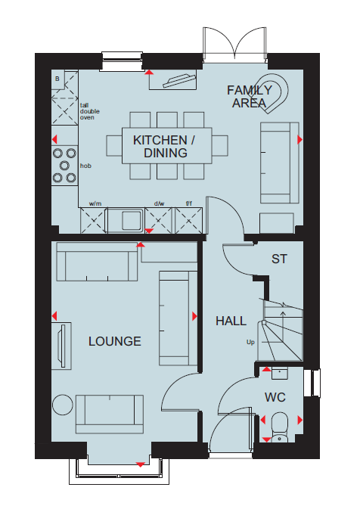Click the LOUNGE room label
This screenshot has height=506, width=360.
pyautogui.click(x=115, y=341)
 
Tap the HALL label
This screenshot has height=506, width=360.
pyautogui.click(x=231, y=321)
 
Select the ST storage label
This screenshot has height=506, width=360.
pyautogui.click(x=279, y=259)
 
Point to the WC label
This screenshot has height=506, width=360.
pyautogui.click(x=275, y=397)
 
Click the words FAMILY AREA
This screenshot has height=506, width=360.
pyautogui.click(x=250, y=97)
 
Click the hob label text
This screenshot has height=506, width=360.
pyautogui.click(x=85, y=166)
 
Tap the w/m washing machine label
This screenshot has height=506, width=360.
pyautogui.click(x=95, y=203)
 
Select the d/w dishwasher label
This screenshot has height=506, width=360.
pyautogui.click(x=159, y=203)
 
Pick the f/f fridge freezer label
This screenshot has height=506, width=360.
pyautogui.click(x=189, y=203)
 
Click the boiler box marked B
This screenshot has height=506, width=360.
pyautogui.click(x=57, y=79)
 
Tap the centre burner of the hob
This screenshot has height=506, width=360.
pyautogui.click(x=64, y=166)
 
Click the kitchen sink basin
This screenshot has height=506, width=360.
pyautogui.click(x=132, y=220)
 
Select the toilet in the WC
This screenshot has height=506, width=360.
pyautogui.click(x=279, y=427)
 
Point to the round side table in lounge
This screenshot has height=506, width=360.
pyautogui.click(x=63, y=405)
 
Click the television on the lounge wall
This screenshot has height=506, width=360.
pyautogui.click(x=61, y=346)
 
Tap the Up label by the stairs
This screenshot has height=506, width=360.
pyautogui.click(x=250, y=342)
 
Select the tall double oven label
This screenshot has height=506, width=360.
pyautogui.click(x=90, y=111)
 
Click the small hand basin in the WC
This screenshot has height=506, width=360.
pyautogui.click(x=280, y=374)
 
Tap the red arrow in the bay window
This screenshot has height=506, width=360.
pyautogui.click(x=141, y=464)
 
